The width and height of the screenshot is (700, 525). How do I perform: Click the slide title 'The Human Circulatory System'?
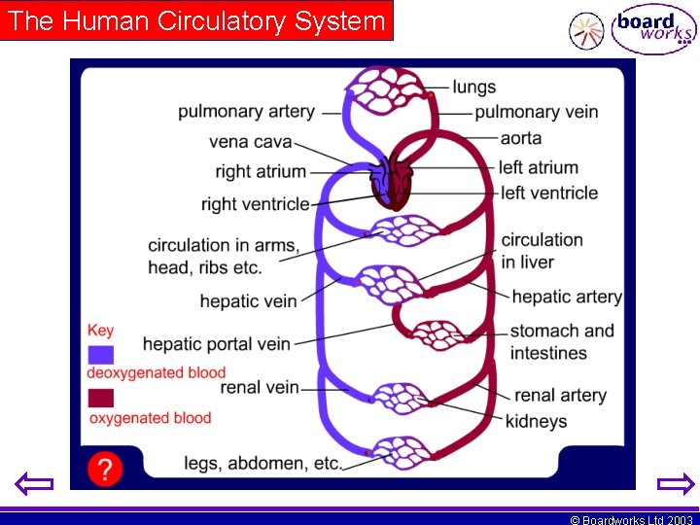coord(197,21)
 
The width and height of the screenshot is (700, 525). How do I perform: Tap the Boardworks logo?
coord(653,31)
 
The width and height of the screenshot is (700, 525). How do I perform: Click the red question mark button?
coord(104,470)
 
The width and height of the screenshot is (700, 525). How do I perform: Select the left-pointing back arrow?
coord(35,483)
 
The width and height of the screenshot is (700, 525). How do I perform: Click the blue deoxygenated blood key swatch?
coord(100,354)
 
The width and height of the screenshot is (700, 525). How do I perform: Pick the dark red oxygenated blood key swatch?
coord(100,398)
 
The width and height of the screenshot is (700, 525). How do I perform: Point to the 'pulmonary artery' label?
coord(246,112)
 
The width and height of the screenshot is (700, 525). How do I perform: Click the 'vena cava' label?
coord(250,142)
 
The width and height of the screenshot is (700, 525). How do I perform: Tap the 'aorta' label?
coord(521,138)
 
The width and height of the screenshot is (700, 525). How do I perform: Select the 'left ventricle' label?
coord(549,192)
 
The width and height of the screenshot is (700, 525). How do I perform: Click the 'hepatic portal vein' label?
coord(216,343)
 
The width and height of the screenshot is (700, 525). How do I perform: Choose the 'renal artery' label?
coord(560,395)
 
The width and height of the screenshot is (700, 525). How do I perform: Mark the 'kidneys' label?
coord(536,421)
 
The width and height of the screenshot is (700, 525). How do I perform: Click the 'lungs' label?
coord(473,87)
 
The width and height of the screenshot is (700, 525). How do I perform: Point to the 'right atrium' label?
coord(261,172)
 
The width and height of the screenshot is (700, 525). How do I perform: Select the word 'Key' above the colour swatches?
coord(100,331)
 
